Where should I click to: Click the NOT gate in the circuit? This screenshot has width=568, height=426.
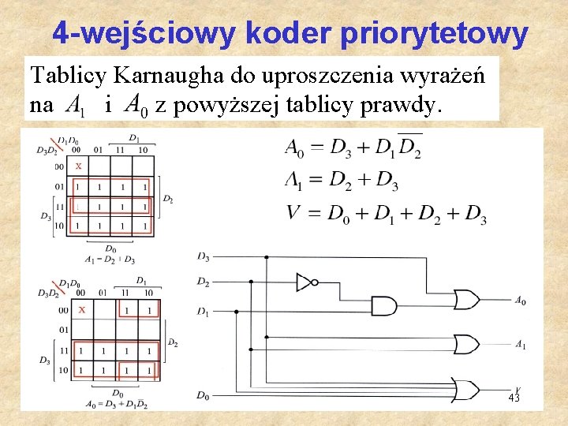305,281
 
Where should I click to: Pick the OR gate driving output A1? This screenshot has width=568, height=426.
465,345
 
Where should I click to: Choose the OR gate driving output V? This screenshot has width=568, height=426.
465,389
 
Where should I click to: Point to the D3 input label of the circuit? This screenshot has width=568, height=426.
204,256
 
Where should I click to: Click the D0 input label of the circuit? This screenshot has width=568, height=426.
204,395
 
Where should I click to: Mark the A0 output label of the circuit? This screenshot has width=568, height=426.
521,301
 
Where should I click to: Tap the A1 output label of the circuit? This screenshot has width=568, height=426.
521,345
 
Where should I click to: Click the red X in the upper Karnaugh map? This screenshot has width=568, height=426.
78,166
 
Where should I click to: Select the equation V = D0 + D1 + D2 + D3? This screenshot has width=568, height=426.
385,214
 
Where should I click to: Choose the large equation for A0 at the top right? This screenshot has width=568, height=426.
353,148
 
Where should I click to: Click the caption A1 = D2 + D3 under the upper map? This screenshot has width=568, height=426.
109,259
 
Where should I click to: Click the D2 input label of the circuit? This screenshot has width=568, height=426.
204,282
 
